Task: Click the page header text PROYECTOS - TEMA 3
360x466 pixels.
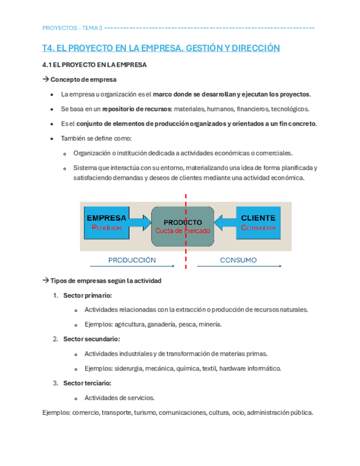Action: click(x=72, y=28)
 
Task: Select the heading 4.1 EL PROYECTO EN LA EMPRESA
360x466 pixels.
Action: click(x=95, y=65)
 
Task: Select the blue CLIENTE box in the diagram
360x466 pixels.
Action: click(x=258, y=222)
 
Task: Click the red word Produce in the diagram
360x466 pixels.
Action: click(x=107, y=228)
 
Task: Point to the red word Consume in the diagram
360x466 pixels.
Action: click(x=258, y=228)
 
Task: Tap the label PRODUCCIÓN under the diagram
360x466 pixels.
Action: click(x=132, y=260)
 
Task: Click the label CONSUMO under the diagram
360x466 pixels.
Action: click(x=238, y=260)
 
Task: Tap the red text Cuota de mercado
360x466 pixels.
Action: click(x=182, y=231)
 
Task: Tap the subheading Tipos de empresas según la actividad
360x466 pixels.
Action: click(x=106, y=280)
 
